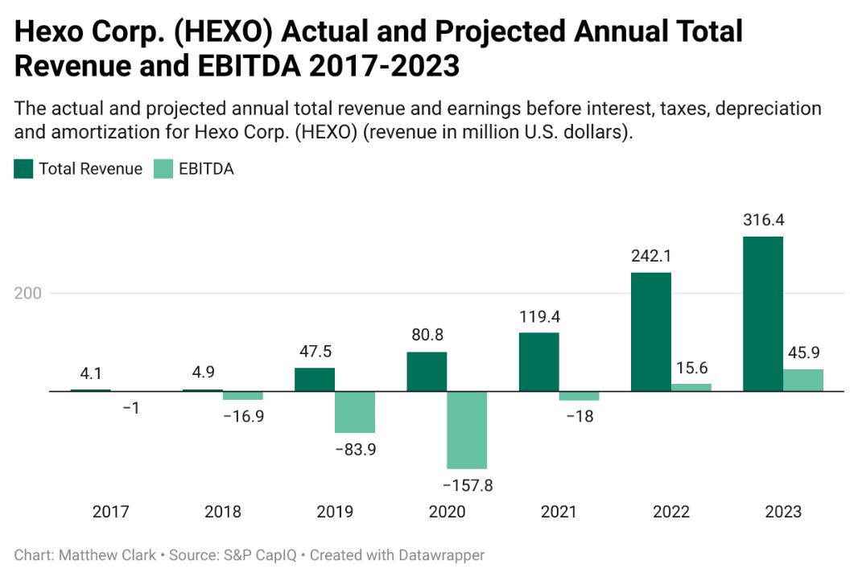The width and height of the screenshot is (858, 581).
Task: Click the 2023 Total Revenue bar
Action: point(762,314)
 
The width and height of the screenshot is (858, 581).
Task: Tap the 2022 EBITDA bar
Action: point(691,387)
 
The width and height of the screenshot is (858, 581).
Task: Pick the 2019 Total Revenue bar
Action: point(315,379)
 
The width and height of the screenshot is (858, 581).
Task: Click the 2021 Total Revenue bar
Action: point(538,361)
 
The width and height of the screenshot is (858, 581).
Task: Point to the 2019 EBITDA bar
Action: point(355,412)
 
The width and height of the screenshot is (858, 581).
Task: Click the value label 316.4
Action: point(762,220)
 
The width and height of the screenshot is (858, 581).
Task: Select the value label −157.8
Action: point(467,485)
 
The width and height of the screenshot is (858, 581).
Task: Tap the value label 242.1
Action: point(650,256)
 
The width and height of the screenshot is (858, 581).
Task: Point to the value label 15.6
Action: point(691,368)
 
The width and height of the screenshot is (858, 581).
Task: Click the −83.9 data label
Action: point(355,449)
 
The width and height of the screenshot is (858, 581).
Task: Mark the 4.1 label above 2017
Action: point(90,373)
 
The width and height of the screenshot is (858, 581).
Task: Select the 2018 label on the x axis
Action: point(223,512)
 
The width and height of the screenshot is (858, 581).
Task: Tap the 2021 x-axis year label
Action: point(559,512)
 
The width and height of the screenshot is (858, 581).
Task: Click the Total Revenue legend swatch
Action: point(23,169)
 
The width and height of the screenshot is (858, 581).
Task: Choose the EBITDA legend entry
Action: point(206,169)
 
